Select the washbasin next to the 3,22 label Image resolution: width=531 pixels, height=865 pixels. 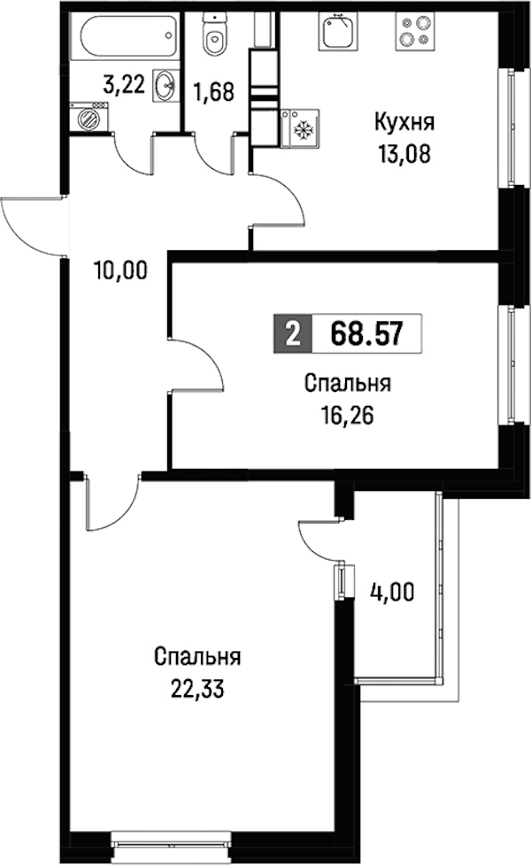(165, 86)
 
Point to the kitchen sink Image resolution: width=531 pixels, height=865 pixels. (338, 32)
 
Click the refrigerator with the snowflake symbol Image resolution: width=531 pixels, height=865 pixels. (300, 128)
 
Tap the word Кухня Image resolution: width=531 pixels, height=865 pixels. (404, 122)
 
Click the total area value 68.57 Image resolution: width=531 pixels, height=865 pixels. (366, 333)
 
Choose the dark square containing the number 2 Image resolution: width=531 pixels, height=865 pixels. (293, 333)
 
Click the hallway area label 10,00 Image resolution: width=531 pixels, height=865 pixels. (121, 271)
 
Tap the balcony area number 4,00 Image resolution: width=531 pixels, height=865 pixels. (391, 593)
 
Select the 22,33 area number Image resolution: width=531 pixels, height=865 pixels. (197, 690)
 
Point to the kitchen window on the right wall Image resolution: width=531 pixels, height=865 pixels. (512, 128)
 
